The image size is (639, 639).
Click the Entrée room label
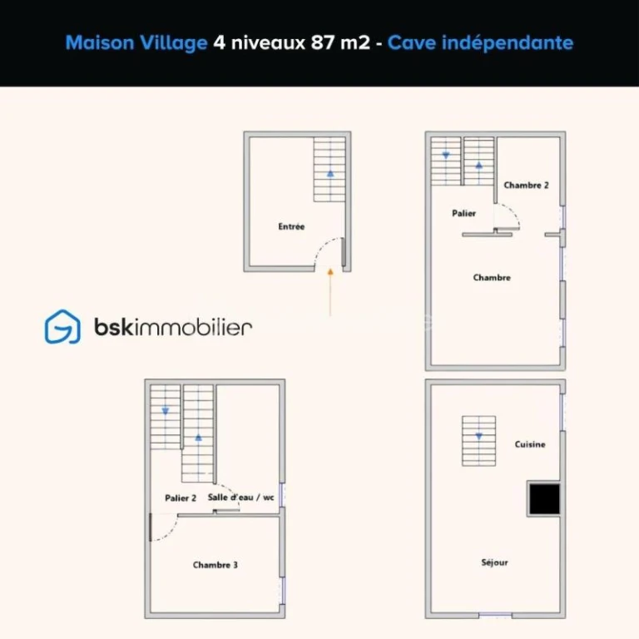pos(291,226)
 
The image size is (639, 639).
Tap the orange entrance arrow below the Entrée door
pos(330,292)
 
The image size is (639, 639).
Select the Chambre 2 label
pos(526,185)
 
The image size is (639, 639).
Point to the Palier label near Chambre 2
pos(463,213)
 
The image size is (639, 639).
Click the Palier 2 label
pos(181,498)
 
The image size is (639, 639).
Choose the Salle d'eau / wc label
pos(240,498)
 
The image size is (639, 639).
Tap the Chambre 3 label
pos(215,565)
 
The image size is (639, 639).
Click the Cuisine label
pos(530,444)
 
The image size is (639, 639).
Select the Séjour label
pos(494,562)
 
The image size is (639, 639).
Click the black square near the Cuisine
pos(544,499)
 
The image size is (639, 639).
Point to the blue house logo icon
pos(62,327)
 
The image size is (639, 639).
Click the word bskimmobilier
pos(173,327)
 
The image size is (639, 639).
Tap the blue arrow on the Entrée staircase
pos(330,174)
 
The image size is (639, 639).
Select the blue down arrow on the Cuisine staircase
pos(479,437)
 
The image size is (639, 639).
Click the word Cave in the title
pos(412,42)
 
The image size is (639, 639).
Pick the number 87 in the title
pos(323,42)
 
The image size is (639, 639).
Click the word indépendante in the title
pos(508,43)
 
